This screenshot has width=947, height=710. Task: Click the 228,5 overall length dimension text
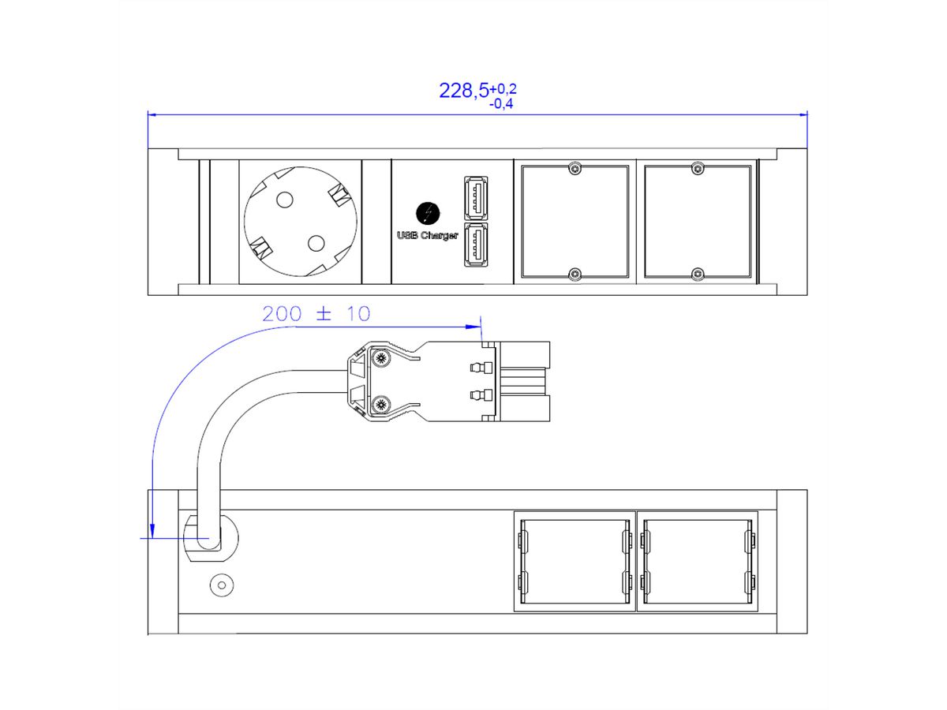click(464, 91)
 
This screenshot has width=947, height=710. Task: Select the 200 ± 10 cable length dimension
click(316, 313)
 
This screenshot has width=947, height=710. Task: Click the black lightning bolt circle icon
click(428, 213)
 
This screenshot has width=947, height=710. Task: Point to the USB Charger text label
click(427, 235)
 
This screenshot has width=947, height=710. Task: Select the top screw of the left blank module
click(576, 168)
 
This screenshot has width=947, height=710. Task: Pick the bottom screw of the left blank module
click(576, 274)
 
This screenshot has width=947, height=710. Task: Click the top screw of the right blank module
click(697, 168)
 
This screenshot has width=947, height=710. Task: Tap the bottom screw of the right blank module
click(697, 274)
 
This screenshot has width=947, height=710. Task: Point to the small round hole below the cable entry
click(221, 586)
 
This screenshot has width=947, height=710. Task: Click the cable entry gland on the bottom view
click(210, 539)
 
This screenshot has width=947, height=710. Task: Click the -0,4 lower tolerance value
click(501, 103)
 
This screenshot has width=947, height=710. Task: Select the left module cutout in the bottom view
click(575, 561)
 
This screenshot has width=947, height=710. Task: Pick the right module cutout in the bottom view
click(698, 561)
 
